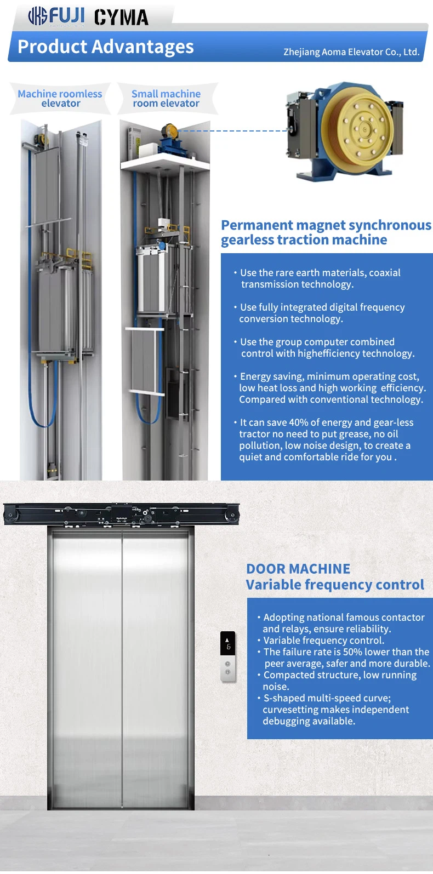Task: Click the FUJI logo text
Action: click(x=67, y=16)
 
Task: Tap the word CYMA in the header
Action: click(x=121, y=18)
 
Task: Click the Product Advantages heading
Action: click(x=106, y=47)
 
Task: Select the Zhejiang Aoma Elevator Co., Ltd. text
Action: click(x=351, y=52)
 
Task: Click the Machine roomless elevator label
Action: click(x=60, y=99)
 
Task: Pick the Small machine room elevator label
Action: click(x=166, y=99)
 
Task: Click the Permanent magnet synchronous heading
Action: click(x=326, y=225)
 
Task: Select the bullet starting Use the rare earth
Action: click(x=320, y=278)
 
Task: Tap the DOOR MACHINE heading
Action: click(x=298, y=569)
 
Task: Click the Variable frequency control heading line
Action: click(x=335, y=585)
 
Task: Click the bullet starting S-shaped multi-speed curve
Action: click(x=334, y=710)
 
